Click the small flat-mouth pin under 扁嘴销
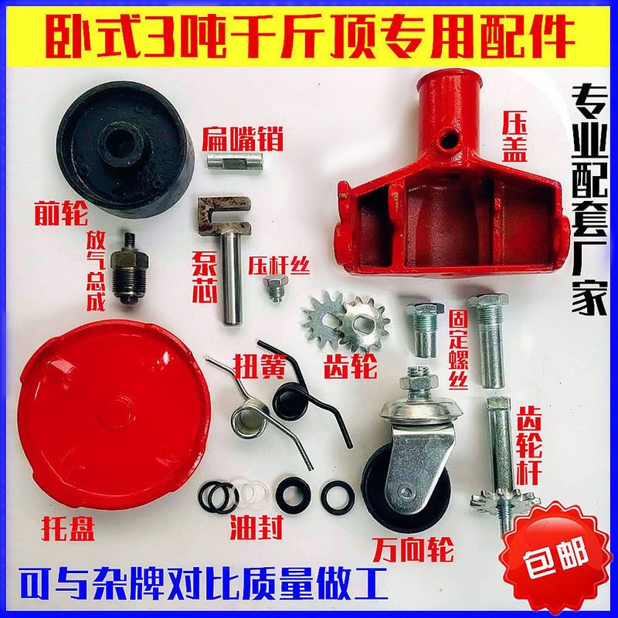coord(236,161)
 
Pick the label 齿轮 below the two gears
coord(351,366)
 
